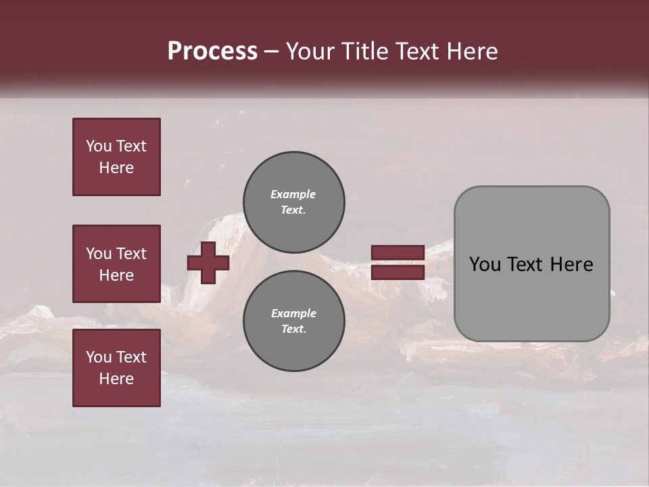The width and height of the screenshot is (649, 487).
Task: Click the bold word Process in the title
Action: (x=212, y=51)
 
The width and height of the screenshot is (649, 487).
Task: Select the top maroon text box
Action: (x=116, y=157)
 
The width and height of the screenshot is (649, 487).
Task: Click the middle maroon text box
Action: (x=116, y=264)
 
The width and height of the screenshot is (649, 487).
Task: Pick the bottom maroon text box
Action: (x=116, y=368)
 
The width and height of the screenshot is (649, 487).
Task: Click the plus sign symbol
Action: (x=208, y=262)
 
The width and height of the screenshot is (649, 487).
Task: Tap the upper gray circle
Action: (x=294, y=202)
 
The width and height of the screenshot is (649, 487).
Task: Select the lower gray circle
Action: (x=294, y=321)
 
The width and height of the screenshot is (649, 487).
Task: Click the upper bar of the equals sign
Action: (x=398, y=252)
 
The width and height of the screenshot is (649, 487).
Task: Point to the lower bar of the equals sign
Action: (x=398, y=273)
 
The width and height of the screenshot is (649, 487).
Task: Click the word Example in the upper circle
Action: (x=293, y=194)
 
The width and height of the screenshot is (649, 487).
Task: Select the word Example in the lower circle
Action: (x=293, y=313)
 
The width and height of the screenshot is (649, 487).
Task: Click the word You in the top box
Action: (x=99, y=146)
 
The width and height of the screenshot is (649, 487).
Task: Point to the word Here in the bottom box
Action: (x=116, y=379)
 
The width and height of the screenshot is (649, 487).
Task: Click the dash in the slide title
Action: (x=271, y=51)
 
